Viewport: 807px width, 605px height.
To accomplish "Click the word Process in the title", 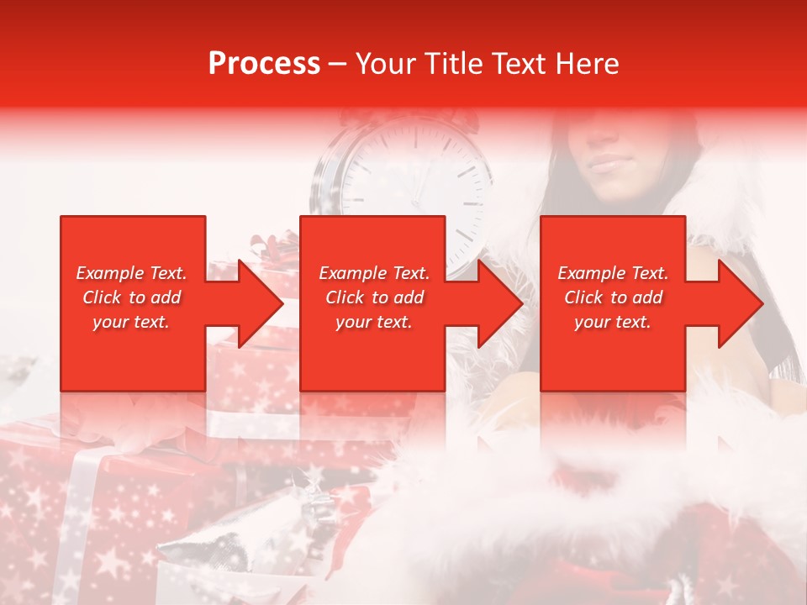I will click(x=264, y=64).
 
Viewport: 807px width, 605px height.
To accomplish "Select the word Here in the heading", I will click(x=588, y=64).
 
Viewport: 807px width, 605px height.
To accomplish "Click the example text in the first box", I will click(x=132, y=297).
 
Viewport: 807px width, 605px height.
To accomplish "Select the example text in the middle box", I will click(x=374, y=297).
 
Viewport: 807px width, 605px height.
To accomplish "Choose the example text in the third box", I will click(x=613, y=297).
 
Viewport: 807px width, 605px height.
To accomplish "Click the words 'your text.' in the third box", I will click(x=613, y=322).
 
